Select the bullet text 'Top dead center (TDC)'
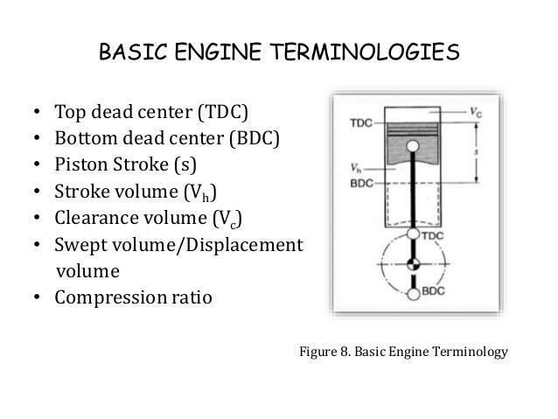point(151,114)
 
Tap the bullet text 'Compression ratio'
point(133,297)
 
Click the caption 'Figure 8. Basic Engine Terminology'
point(402,353)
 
